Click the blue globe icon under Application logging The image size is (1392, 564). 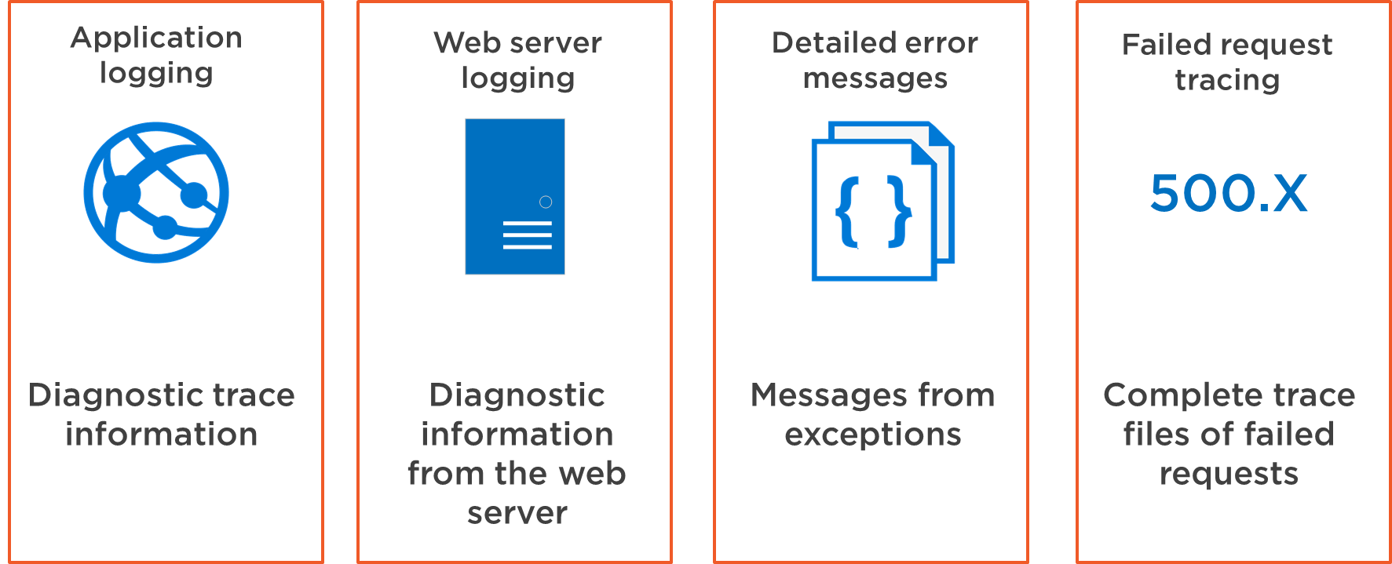156,192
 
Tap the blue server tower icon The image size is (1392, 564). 515,196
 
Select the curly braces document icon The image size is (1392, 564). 882,201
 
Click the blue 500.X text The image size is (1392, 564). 1229,193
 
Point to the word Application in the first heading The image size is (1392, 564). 156,38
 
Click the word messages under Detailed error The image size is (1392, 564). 875,78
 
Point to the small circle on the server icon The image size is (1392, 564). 546,202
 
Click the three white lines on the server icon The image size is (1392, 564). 527,235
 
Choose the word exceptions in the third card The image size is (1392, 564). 873,435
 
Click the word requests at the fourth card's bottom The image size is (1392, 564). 1229,475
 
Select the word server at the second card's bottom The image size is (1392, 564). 517,514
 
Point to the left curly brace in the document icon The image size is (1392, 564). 847,212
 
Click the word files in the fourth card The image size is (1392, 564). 1156,434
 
